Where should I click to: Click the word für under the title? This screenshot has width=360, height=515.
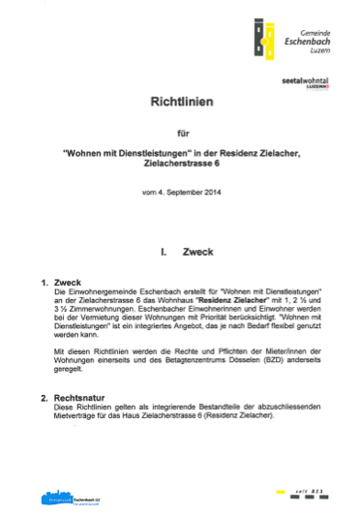coord(180,134)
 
